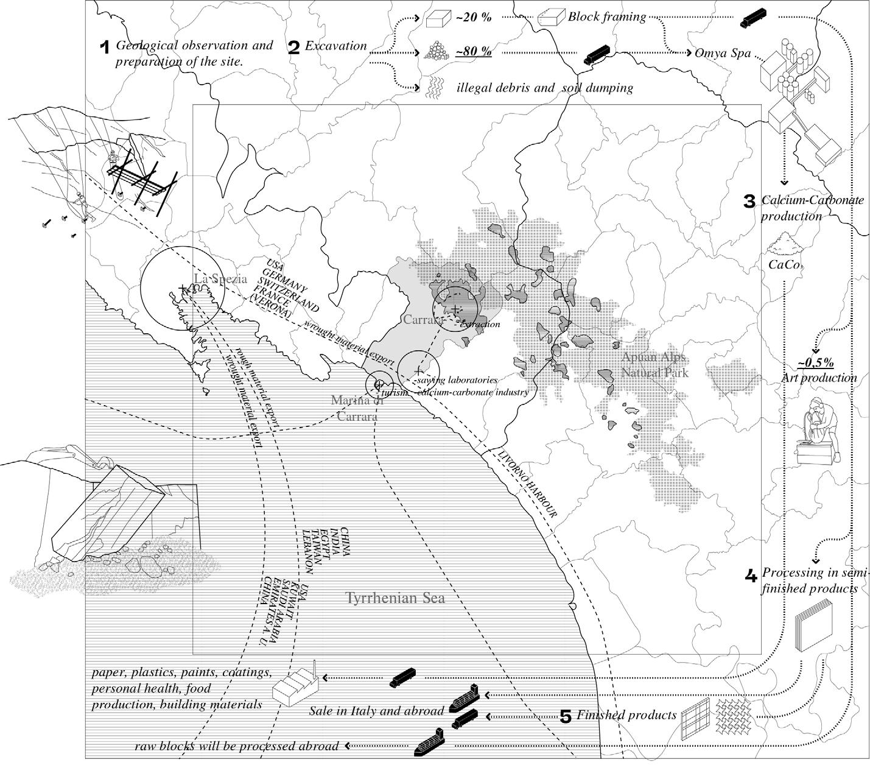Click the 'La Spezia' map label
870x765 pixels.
(220, 279)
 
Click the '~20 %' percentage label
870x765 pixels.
(474, 17)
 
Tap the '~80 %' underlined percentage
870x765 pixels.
(474, 51)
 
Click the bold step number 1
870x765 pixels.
(105, 47)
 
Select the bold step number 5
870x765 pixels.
(565, 716)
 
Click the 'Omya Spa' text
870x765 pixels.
(723, 53)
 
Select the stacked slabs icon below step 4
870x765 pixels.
(813, 626)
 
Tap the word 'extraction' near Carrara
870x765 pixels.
(480, 324)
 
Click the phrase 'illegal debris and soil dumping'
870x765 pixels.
(545, 88)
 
